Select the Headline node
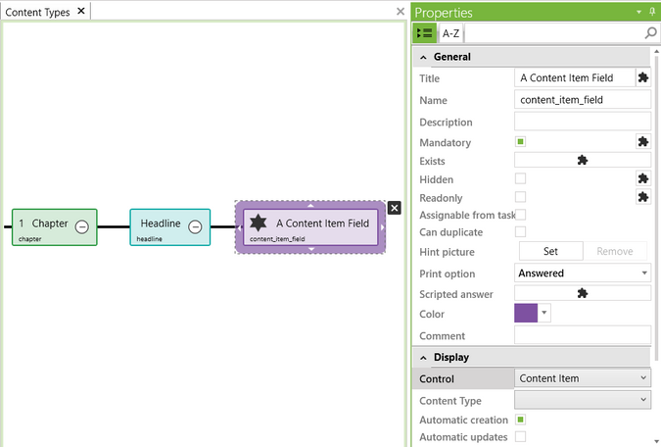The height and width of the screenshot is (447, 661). pyautogui.click(x=160, y=224)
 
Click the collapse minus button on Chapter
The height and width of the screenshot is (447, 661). pyautogui.click(x=82, y=226)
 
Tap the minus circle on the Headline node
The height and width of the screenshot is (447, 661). pyautogui.click(x=195, y=226)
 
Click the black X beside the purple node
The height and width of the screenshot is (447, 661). pyautogui.click(x=394, y=208)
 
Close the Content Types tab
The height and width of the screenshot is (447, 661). pyautogui.click(x=81, y=11)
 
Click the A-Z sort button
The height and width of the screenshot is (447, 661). pyautogui.click(x=450, y=33)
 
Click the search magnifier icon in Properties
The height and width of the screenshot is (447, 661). pyautogui.click(x=651, y=33)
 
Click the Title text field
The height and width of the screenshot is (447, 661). pyautogui.click(x=574, y=77)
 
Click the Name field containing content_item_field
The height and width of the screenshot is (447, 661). pyautogui.click(x=582, y=99)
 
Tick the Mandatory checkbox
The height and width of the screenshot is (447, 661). pyautogui.click(x=521, y=142)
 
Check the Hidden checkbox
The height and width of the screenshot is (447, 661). pyautogui.click(x=521, y=178)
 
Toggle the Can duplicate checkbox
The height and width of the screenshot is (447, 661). pyautogui.click(x=521, y=231)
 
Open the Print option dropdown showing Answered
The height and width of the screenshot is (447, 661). pyautogui.click(x=582, y=273)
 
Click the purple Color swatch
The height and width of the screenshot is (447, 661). pyautogui.click(x=526, y=313)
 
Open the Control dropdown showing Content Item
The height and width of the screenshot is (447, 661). pyautogui.click(x=582, y=378)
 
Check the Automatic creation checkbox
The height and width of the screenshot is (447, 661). pyautogui.click(x=521, y=420)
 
